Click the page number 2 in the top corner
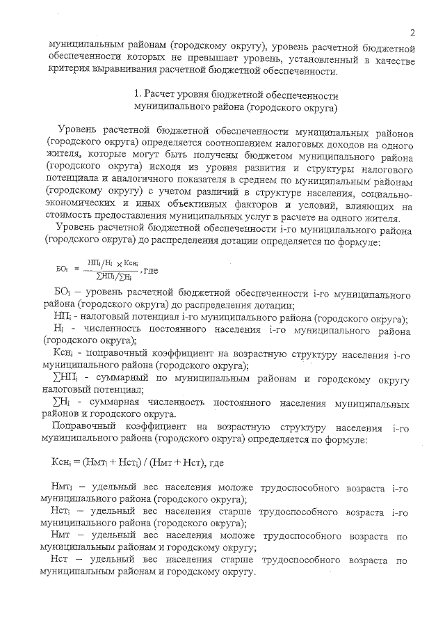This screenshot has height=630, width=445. (412, 32)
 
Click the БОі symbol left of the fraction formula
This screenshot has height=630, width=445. (60, 268)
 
